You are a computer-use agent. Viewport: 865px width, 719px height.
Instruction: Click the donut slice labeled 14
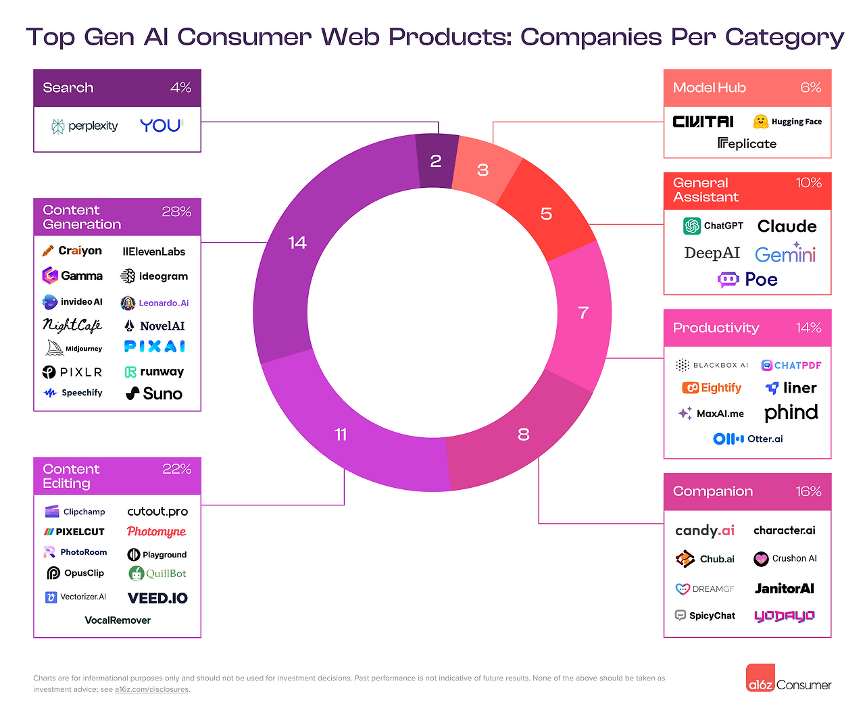tap(297, 243)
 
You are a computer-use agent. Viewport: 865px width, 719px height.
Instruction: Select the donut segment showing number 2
tap(436, 161)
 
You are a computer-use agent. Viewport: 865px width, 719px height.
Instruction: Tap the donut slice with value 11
tap(341, 435)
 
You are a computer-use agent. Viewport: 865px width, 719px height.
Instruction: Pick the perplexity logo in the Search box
tap(85, 126)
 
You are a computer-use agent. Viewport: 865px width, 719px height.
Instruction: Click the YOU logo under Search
tap(161, 126)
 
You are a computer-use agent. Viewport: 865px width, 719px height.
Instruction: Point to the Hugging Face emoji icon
tap(761, 122)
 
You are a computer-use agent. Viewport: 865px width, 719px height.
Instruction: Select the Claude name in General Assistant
tap(787, 226)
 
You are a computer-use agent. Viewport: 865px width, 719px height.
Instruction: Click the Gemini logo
tap(785, 254)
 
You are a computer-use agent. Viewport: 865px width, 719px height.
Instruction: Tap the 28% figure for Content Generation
tap(176, 212)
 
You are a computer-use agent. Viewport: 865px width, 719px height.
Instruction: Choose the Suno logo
tap(155, 394)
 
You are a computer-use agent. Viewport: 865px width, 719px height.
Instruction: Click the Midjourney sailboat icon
tap(54, 348)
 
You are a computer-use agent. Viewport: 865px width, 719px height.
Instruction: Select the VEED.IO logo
tap(157, 598)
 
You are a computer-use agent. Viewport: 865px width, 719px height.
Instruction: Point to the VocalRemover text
tap(118, 620)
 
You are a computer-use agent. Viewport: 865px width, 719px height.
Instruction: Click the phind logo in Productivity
tap(791, 413)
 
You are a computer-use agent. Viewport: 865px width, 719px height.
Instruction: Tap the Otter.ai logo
tap(748, 439)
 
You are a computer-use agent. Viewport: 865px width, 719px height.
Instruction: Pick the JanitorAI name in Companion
tap(784, 589)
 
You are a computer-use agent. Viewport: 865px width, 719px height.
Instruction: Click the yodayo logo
tap(784, 616)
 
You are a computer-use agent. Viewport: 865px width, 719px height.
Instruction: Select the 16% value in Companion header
tap(808, 492)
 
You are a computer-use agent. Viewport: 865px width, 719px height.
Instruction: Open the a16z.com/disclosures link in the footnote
tap(151, 690)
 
